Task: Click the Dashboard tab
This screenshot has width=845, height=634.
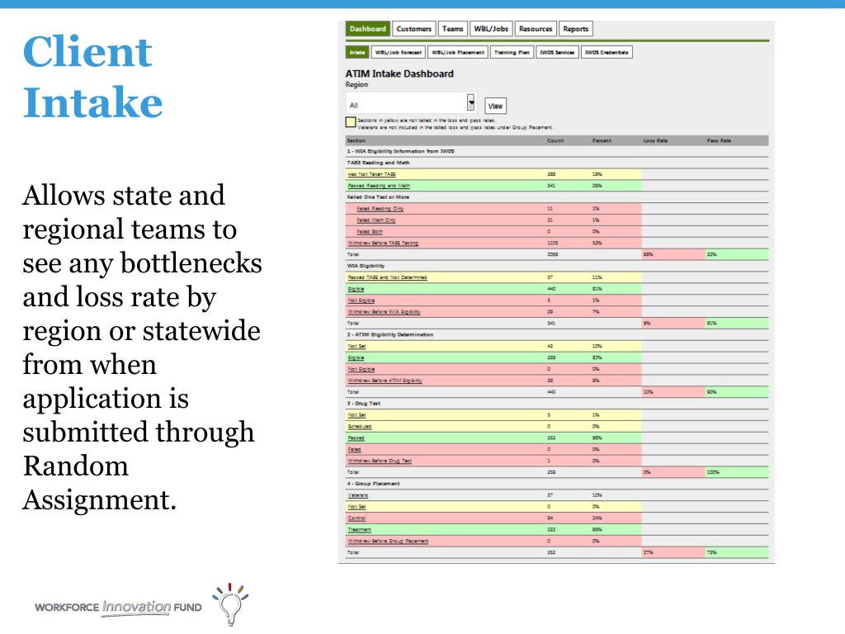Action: click(x=367, y=29)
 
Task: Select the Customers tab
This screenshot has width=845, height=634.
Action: click(x=413, y=29)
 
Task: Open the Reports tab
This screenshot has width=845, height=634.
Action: click(x=575, y=29)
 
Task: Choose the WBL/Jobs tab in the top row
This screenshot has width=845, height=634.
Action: click(x=491, y=29)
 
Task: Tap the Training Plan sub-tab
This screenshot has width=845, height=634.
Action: click(x=512, y=52)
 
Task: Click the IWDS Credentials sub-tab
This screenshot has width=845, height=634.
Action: click(x=607, y=52)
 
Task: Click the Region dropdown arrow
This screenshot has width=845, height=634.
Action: click(x=471, y=103)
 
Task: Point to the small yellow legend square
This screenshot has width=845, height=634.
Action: click(x=350, y=123)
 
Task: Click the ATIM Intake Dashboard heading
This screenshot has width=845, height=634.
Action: click(x=399, y=73)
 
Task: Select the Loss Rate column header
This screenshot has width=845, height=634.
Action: click(x=655, y=141)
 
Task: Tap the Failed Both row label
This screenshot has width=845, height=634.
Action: click(x=370, y=232)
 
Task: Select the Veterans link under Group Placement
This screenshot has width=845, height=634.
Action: click(x=357, y=495)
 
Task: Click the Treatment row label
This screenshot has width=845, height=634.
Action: click(x=359, y=529)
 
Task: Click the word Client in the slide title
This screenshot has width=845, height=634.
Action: click(x=87, y=52)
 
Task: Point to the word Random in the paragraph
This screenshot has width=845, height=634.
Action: click(x=76, y=466)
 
